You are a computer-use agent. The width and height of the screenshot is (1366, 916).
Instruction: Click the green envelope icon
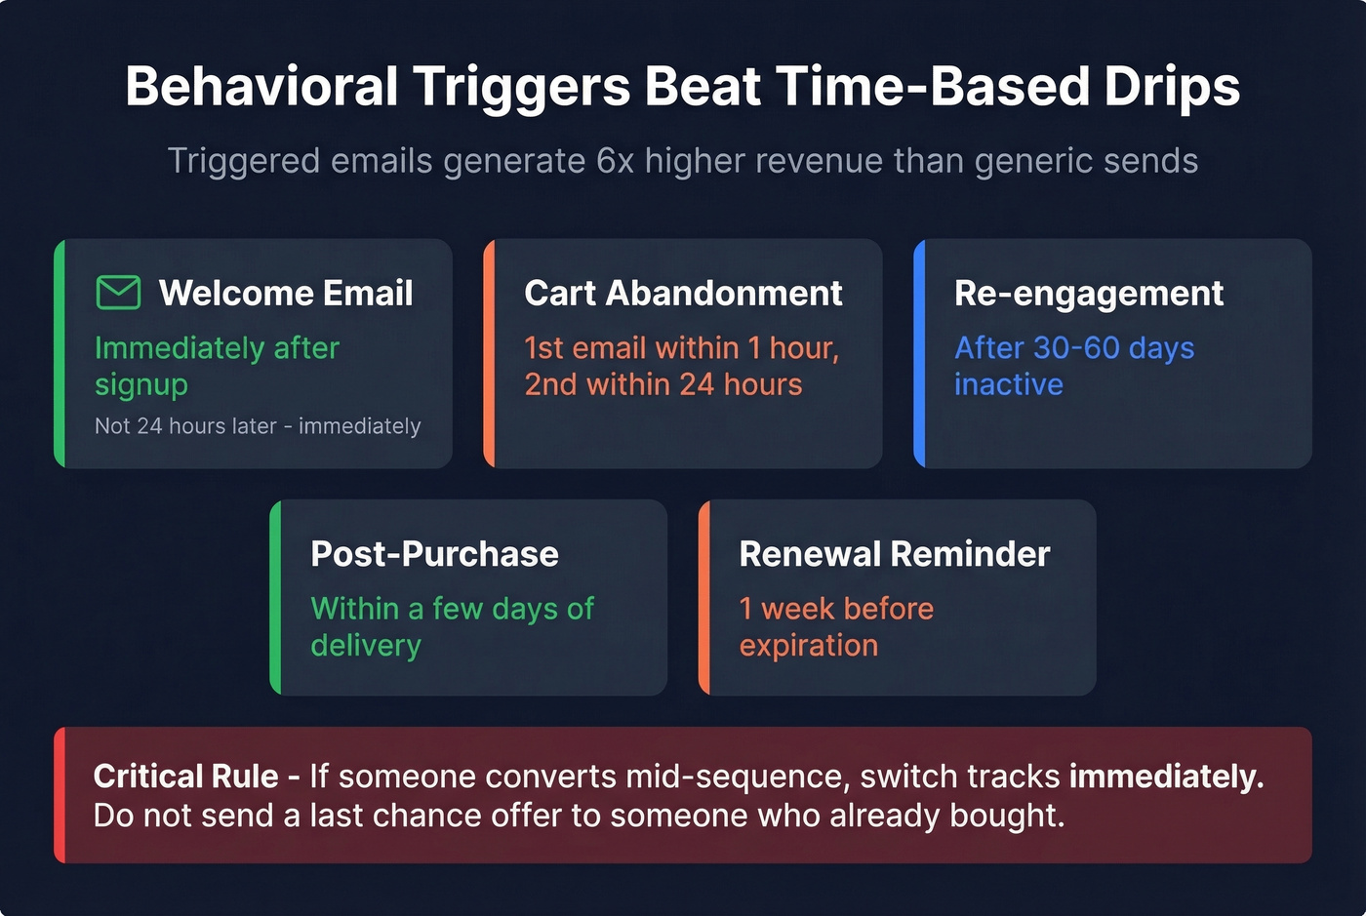[x=118, y=293]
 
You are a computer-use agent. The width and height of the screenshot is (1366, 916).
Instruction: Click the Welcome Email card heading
[x=286, y=293]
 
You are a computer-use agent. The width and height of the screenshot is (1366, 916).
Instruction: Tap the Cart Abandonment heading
[x=683, y=293]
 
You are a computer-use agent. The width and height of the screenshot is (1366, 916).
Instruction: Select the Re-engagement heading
[x=1088, y=293]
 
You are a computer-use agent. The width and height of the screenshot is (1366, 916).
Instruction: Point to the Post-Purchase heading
[x=434, y=554]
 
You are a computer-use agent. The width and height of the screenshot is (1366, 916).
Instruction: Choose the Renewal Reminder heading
[x=894, y=554]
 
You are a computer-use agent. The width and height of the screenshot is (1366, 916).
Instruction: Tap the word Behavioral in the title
[x=261, y=87]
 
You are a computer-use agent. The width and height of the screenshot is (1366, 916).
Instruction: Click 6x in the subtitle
[x=615, y=161]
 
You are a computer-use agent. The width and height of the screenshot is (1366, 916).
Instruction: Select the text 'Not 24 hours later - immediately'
[x=258, y=426]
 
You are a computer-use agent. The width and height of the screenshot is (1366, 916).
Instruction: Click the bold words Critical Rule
[x=185, y=777]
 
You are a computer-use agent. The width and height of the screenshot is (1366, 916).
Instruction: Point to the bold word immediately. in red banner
[x=1166, y=777]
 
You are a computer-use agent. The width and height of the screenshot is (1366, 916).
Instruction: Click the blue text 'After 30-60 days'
[x=1073, y=348]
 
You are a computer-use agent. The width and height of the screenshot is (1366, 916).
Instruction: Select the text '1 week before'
[x=836, y=609]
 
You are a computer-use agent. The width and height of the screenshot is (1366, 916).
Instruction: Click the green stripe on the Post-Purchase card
[x=275, y=597]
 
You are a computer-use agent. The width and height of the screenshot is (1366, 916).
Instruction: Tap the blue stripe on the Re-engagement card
[x=919, y=353]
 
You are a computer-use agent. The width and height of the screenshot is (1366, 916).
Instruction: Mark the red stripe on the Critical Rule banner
[x=60, y=795]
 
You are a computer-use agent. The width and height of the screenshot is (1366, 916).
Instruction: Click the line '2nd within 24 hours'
[x=663, y=384]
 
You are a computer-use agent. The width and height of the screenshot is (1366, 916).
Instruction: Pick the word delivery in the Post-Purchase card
[x=366, y=646]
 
